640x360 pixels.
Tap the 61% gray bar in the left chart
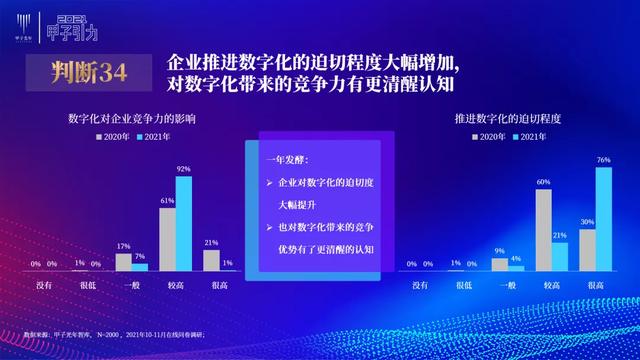coord(167,239)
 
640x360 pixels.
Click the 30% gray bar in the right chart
coord(587,249)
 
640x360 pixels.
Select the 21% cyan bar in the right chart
coord(559,256)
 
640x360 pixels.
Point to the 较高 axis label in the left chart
coord(175,284)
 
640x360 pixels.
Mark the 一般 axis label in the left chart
coord(130,284)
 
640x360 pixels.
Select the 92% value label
coord(183,170)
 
